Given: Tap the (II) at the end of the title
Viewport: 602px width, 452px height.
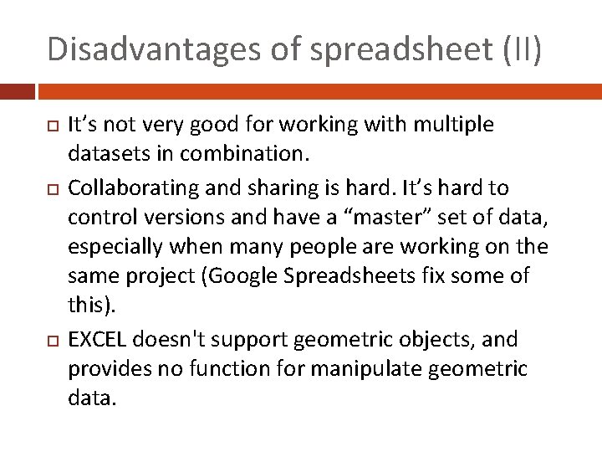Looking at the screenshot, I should coord(523,49).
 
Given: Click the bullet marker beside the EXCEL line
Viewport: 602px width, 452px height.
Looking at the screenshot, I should coord(53,340).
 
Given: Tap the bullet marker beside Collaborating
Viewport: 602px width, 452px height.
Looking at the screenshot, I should coord(53,187).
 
